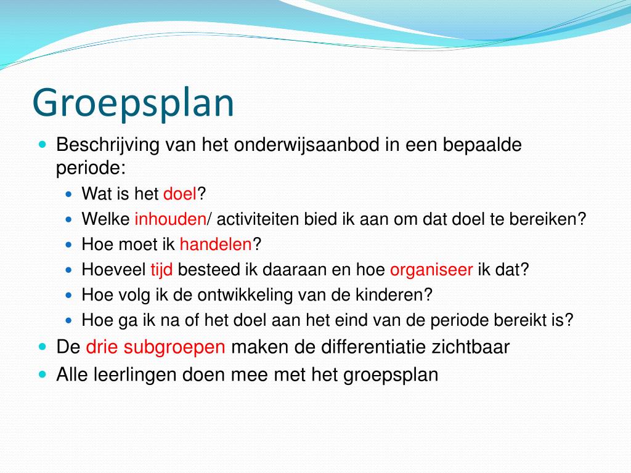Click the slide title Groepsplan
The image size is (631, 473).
tap(133, 103)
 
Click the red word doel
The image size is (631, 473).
tap(179, 195)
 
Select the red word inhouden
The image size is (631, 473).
tap(170, 219)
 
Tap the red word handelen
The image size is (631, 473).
tap(216, 245)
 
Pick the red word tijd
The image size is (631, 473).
tap(161, 270)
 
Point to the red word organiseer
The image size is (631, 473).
tap(431, 270)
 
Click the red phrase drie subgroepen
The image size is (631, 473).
tap(156, 347)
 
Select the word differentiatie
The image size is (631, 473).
tap(372, 347)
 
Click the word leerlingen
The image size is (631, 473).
tap(134, 374)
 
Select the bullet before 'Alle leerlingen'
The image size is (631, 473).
tap(42, 373)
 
